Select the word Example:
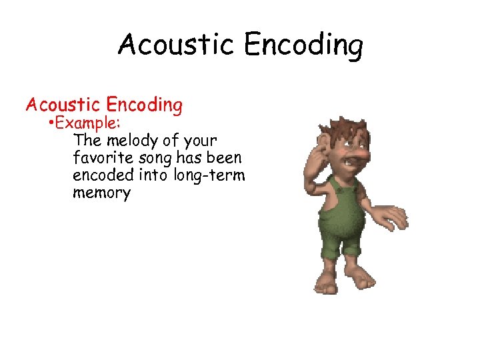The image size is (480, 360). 81,124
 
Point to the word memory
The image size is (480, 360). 102,193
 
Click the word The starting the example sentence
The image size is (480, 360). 87,141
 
